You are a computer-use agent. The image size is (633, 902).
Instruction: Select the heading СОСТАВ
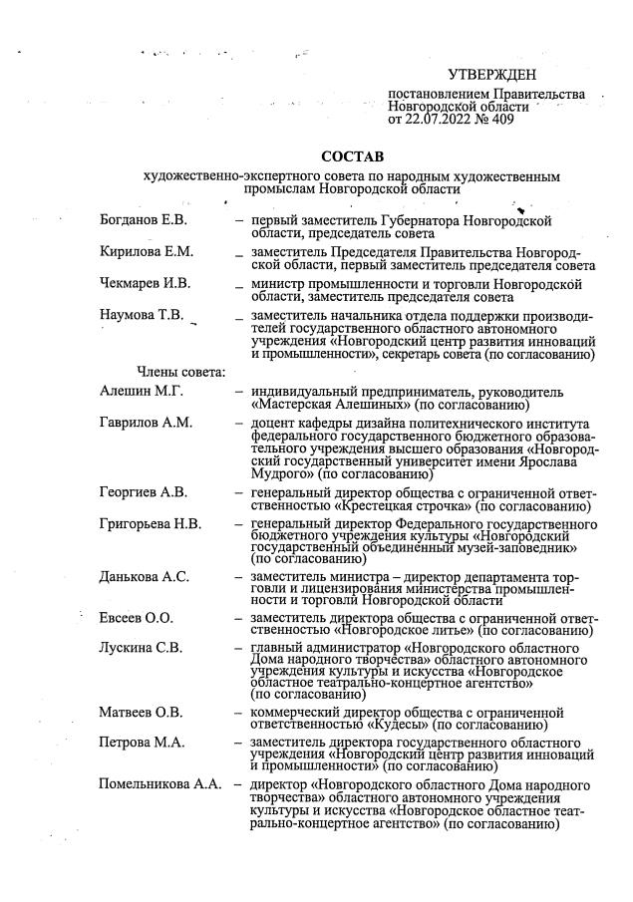pyautogui.click(x=351, y=156)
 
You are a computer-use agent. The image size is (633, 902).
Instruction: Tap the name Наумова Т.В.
pyautogui.click(x=143, y=316)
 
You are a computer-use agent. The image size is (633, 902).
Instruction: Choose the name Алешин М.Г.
pyautogui.click(x=137, y=391)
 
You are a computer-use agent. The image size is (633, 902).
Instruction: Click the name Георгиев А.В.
pyautogui.click(x=144, y=492)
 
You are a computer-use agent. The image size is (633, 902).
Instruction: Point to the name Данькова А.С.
pyautogui.click(x=145, y=577)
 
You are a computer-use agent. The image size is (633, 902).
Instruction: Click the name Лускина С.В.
pyautogui.click(x=141, y=648)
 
